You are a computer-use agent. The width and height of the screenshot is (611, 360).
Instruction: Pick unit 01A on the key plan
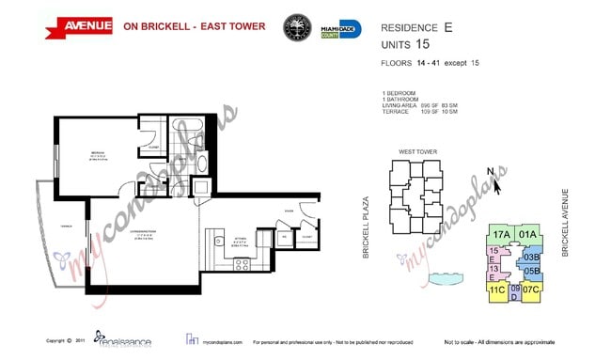tap(527, 235)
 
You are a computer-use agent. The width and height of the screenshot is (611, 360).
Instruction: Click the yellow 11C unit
tap(497, 290)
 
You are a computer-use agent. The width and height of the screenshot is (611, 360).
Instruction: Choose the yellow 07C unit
tap(530, 290)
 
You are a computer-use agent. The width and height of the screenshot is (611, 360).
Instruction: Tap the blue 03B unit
tap(531, 257)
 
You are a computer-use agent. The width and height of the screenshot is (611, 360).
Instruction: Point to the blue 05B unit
tap(531, 273)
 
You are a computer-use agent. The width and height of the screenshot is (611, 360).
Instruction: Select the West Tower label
tap(418, 151)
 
